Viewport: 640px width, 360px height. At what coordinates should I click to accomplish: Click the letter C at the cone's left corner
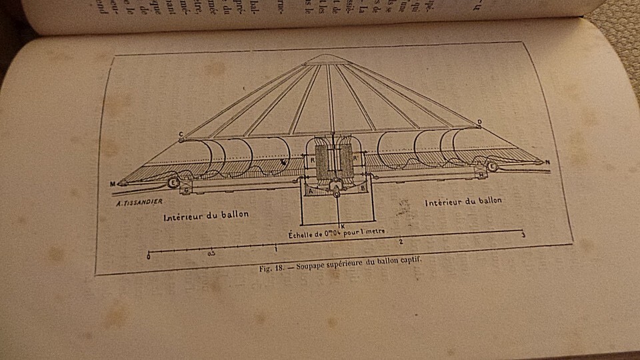click(180, 135)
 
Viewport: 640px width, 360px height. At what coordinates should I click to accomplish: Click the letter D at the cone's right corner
click(479, 122)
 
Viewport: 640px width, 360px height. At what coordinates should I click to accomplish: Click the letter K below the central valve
click(341, 226)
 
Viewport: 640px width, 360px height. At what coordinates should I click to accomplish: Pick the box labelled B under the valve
click(362, 189)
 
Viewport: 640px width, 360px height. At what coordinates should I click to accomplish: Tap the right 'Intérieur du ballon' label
click(463, 200)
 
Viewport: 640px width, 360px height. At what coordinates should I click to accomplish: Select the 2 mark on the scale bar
click(401, 242)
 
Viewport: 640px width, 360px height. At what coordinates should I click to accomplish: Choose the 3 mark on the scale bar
click(523, 235)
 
